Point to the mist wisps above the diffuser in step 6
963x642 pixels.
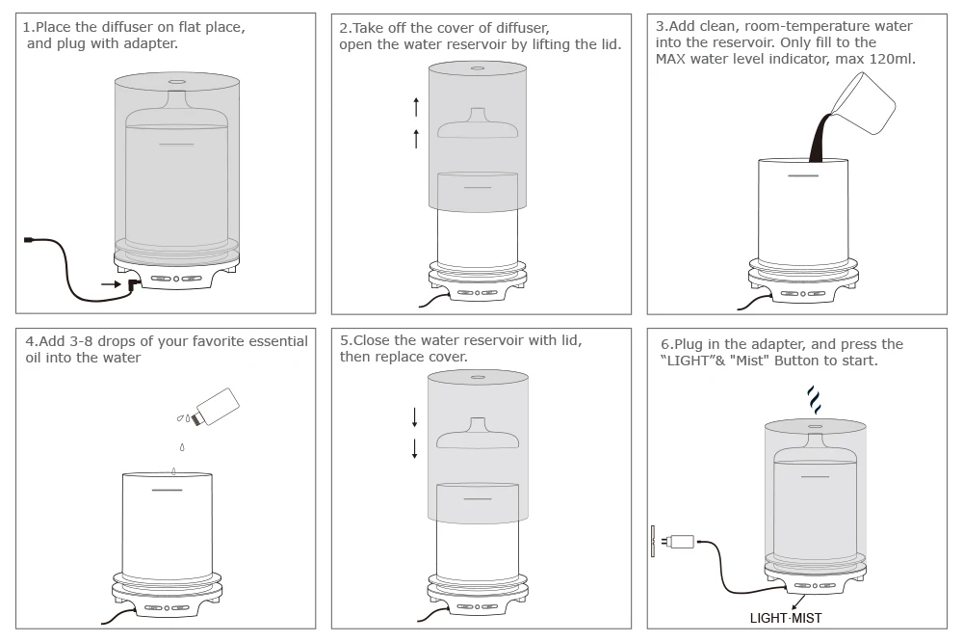pyautogui.click(x=814, y=398)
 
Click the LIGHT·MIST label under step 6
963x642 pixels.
pyautogui.click(x=786, y=618)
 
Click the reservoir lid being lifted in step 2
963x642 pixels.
pyautogui.click(x=478, y=126)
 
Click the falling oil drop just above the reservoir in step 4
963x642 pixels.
pyautogui.click(x=174, y=469)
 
